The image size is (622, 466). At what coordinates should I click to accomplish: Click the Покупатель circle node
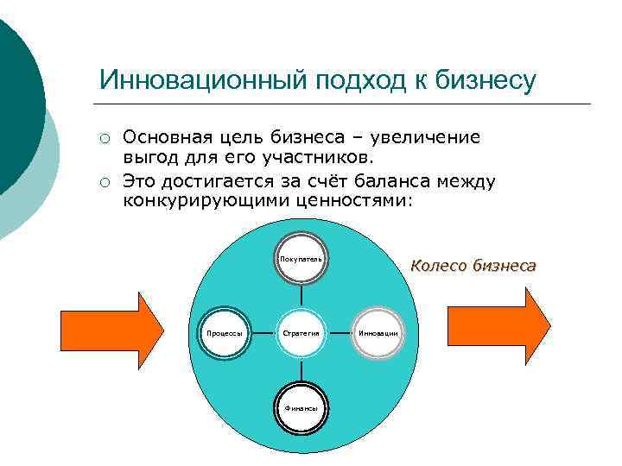pos(301,258)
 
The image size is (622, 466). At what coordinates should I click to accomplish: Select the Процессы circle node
pos(223,332)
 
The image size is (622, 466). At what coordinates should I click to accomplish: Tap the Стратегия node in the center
pos(301,332)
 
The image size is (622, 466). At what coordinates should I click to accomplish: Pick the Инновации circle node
pos(378,332)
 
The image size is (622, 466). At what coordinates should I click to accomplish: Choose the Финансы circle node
pos(301,406)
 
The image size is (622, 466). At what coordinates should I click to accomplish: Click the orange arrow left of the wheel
pos(112,323)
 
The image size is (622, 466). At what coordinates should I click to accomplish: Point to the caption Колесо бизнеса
pos(473,266)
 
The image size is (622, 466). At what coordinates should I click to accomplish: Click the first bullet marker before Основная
pos(104,140)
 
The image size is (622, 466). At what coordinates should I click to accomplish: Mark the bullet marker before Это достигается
pos(104,183)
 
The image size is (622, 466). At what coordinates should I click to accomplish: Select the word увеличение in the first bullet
pos(430,137)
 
